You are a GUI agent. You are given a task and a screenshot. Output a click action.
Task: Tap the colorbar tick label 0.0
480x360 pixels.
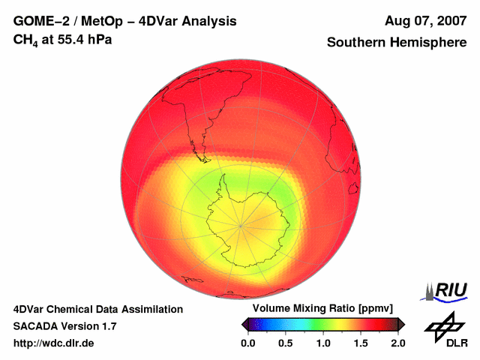[x=247, y=343]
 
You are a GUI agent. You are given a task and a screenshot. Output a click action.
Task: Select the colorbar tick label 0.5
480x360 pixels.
[x=285, y=343]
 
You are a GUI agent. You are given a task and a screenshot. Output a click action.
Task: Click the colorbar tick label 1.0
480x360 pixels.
[x=322, y=343]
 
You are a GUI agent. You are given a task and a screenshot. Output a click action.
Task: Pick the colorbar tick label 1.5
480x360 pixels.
[x=360, y=343]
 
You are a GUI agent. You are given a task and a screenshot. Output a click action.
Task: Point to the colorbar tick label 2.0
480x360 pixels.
[x=397, y=343]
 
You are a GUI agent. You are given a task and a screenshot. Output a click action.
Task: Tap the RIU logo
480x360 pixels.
[x=445, y=290]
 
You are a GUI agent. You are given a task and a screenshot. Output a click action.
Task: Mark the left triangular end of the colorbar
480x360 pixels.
[x=244, y=324]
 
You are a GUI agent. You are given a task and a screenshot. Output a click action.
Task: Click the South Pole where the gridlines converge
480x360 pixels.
[x=241, y=224]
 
